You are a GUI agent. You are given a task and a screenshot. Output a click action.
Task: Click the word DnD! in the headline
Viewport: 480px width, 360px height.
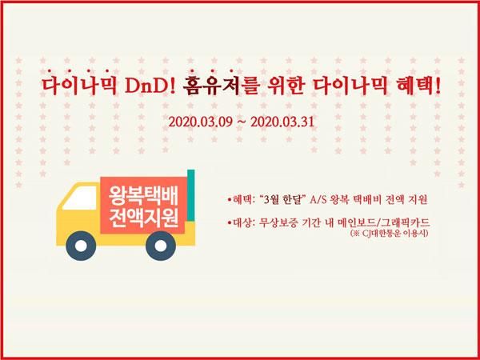(150, 86)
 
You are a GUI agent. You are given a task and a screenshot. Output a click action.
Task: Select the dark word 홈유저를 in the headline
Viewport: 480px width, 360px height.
(220, 86)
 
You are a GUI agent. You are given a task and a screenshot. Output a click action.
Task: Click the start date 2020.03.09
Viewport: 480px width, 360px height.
(201, 122)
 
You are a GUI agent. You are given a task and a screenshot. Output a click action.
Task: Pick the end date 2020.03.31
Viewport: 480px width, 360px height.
(282, 122)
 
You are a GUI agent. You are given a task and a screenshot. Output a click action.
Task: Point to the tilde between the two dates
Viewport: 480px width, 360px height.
(242, 122)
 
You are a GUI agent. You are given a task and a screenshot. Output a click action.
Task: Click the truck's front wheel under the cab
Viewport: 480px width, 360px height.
(81, 246)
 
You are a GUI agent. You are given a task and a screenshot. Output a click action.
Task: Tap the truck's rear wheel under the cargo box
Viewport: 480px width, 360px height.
(161, 246)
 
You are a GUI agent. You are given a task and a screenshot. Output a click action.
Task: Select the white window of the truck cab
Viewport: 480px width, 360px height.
(80, 198)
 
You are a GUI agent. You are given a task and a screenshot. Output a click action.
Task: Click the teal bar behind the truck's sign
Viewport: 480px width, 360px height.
(191, 195)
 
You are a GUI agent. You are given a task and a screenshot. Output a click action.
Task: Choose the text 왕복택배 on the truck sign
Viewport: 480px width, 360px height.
(143, 198)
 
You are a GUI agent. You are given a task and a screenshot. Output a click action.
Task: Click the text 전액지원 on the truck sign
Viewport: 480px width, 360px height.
(143, 218)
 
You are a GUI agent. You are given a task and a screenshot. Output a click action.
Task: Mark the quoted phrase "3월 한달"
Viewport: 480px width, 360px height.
(282, 200)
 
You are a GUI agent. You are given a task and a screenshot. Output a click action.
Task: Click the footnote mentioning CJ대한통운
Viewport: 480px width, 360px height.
(389, 234)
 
